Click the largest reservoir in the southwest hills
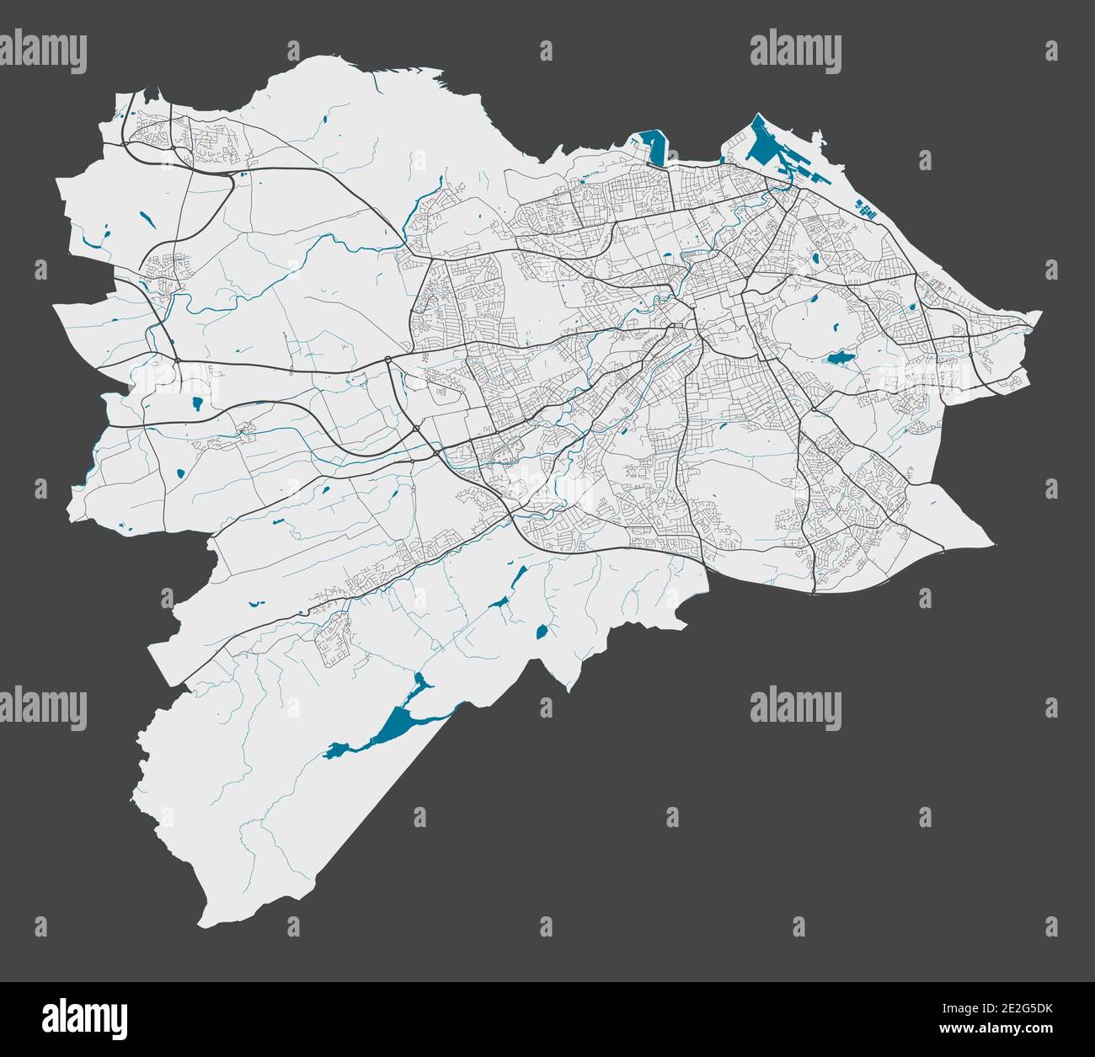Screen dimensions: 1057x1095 tap(396, 721)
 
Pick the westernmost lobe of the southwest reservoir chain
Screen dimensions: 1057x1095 tap(337, 748)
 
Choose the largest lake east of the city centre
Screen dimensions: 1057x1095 tap(839, 358)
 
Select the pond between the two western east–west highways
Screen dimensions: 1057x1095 tap(197, 403)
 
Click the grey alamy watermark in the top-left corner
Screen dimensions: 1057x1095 tap(44, 51)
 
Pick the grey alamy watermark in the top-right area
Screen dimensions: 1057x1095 tap(795, 51)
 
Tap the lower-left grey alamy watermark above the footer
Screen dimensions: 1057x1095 tap(44, 706)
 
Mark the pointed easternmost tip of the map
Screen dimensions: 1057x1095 tap(1039, 313)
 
